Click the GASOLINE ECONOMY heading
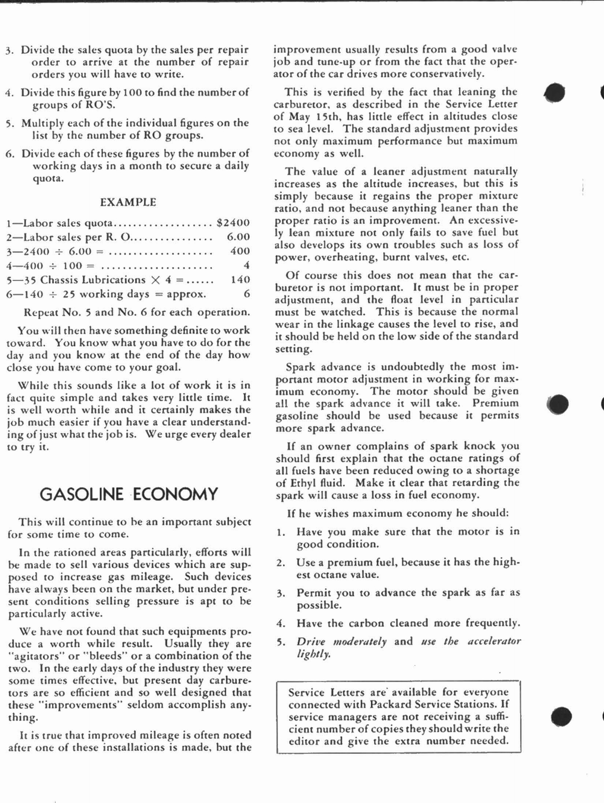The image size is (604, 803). coord(128,494)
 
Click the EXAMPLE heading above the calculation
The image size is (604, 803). coord(128,202)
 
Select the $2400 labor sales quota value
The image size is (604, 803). coord(233,223)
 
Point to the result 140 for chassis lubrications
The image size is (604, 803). coord(240,280)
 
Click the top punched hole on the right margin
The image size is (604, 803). coord(555,92)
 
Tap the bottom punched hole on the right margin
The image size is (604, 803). coord(561,716)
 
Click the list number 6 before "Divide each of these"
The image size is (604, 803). coord(10,154)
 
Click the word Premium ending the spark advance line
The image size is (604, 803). coord(495,404)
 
